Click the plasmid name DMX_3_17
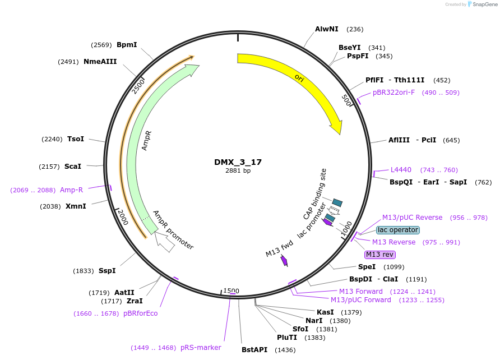click(238, 162)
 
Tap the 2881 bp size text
click(238, 170)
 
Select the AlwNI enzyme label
click(327, 29)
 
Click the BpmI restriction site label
click(127, 45)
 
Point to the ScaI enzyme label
click(73, 167)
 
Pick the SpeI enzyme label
click(367, 266)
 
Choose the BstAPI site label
click(254, 350)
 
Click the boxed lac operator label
click(397, 230)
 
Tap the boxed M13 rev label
click(380, 255)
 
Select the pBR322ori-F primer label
click(394, 93)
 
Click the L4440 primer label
click(401, 170)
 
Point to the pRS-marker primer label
click(201, 348)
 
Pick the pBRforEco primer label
click(140, 313)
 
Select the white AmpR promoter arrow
click(164, 242)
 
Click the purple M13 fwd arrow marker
click(284, 261)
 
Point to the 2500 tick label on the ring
click(138, 86)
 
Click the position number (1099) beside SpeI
click(394, 267)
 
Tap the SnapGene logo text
click(485, 4)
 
